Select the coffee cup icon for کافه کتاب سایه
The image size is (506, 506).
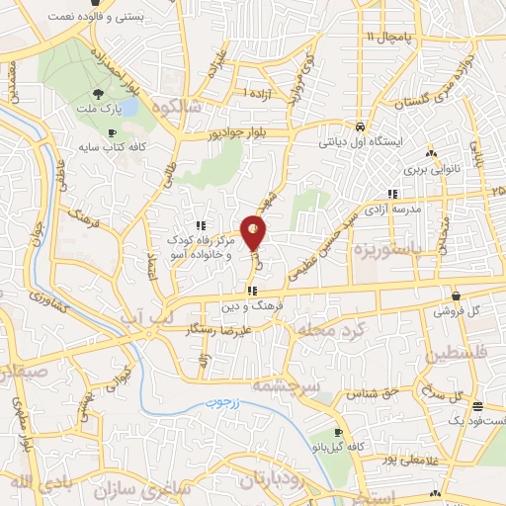tap(113, 131)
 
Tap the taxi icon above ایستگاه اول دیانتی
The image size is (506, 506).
tap(361, 128)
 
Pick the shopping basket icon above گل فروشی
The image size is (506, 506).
tap(456, 296)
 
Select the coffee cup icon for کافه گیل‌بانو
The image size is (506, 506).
tap(338, 433)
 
